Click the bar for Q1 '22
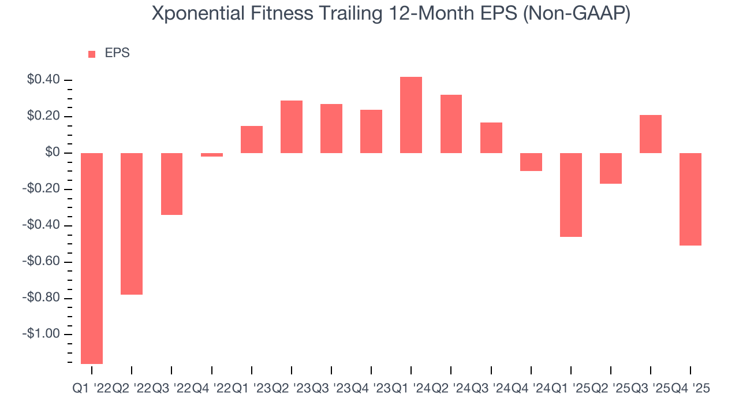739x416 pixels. [92, 258]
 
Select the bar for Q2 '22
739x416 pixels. [132, 224]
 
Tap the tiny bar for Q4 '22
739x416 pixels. [212, 155]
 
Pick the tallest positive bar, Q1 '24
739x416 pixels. [411, 115]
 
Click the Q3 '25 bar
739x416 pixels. [651, 134]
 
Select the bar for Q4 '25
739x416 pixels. [691, 199]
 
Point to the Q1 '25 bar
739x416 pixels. [571, 195]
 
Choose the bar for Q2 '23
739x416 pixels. [292, 127]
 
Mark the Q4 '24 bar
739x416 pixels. [531, 162]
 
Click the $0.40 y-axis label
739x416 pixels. [43, 80]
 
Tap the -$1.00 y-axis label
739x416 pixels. [42, 334]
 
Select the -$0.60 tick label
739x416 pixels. [42, 262]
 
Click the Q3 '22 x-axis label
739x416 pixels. [171, 389]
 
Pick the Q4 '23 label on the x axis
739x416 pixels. [371, 389]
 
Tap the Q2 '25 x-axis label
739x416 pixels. [610, 389]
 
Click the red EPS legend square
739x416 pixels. [92, 54]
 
